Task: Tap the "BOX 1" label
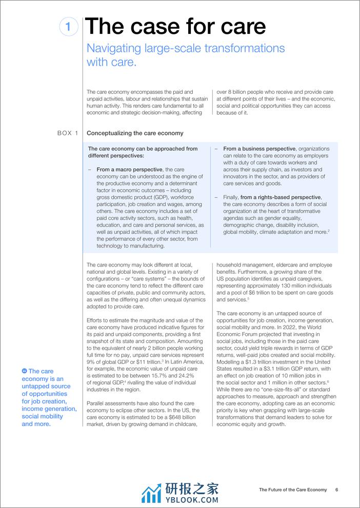pyautogui.click(x=68, y=133)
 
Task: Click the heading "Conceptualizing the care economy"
pyautogui.click(x=135, y=133)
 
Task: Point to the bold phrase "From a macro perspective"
pyautogui.click(x=129, y=169)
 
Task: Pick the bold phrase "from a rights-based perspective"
pyautogui.click(x=280, y=197)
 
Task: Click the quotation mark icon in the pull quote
pyautogui.click(x=25, y=371)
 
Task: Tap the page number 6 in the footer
pyautogui.click(x=337, y=490)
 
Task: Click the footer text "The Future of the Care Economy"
pyautogui.click(x=292, y=490)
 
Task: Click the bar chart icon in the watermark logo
pyautogui.click(x=151, y=493)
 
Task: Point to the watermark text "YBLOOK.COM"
pyautogui.click(x=191, y=499)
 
